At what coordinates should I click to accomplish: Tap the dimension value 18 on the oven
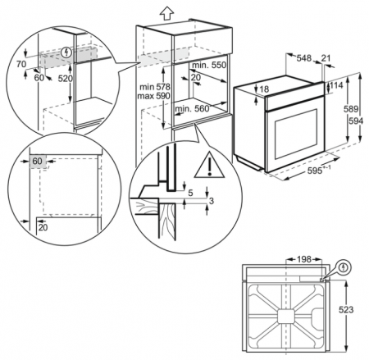click(264, 89)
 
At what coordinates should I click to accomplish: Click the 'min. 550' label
click(208, 65)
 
